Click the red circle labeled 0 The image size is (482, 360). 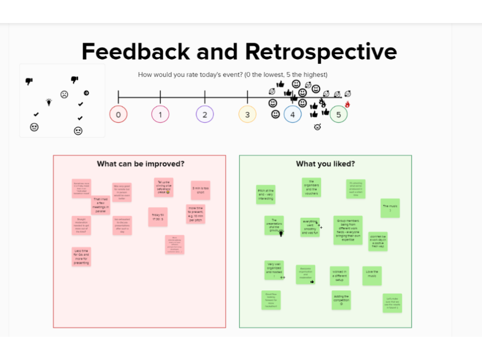[x=119, y=114]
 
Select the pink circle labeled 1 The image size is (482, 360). [x=160, y=114]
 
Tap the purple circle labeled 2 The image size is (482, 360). [x=205, y=114]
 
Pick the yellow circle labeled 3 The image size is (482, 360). [x=247, y=114]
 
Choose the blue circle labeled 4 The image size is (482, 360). [x=292, y=114]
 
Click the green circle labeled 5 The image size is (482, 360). [x=339, y=114]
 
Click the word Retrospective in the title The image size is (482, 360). [x=321, y=52]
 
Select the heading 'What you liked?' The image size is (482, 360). [x=325, y=164]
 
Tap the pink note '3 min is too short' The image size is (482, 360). [x=200, y=190]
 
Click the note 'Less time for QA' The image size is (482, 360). [x=81, y=256]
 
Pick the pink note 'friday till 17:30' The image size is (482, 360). [x=158, y=217]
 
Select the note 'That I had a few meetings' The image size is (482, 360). [x=100, y=205]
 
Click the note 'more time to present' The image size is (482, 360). [x=196, y=214]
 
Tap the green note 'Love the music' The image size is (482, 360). [x=373, y=276]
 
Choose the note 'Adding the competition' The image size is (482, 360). [x=341, y=300]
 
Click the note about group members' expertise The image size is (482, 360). [x=348, y=230]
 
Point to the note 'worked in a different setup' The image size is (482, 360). [x=339, y=276]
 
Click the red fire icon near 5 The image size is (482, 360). [x=348, y=104]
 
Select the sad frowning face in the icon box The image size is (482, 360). [x=64, y=95]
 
